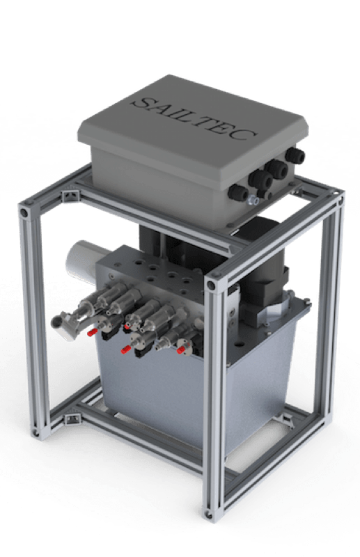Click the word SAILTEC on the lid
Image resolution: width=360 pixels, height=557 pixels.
(x=194, y=118)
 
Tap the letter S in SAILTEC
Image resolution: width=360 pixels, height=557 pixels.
(x=141, y=102)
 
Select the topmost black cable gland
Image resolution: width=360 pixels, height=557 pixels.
(x=295, y=155)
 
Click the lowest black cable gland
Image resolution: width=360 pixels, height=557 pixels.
(x=237, y=193)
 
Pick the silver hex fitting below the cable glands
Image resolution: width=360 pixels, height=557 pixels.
(x=253, y=200)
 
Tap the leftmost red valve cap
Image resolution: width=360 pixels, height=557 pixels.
(x=93, y=332)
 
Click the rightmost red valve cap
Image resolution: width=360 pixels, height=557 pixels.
(x=182, y=350)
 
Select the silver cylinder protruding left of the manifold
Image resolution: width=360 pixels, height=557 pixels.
(x=82, y=259)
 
